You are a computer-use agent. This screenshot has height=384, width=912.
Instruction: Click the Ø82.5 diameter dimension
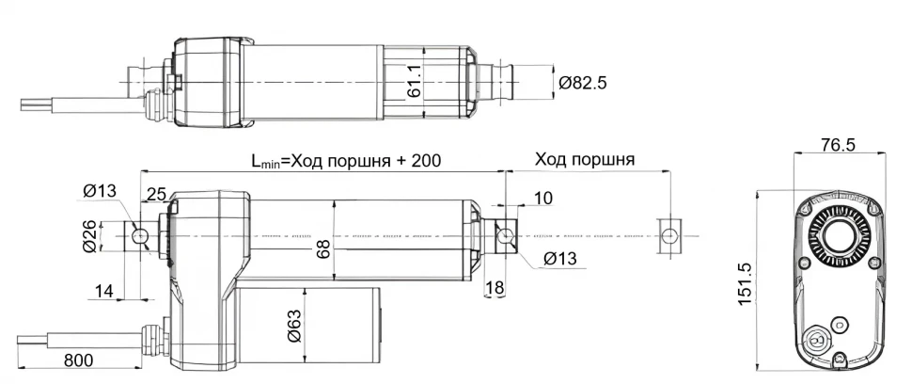click(583, 83)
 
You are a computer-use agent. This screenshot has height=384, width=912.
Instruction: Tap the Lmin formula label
click(346, 160)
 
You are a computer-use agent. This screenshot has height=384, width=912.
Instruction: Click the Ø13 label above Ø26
click(99, 192)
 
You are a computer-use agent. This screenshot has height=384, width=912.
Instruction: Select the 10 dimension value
click(543, 198)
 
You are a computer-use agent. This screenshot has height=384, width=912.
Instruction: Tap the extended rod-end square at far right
click(669, 234)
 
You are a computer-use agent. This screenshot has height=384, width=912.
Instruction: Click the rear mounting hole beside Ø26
click(139, 234)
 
